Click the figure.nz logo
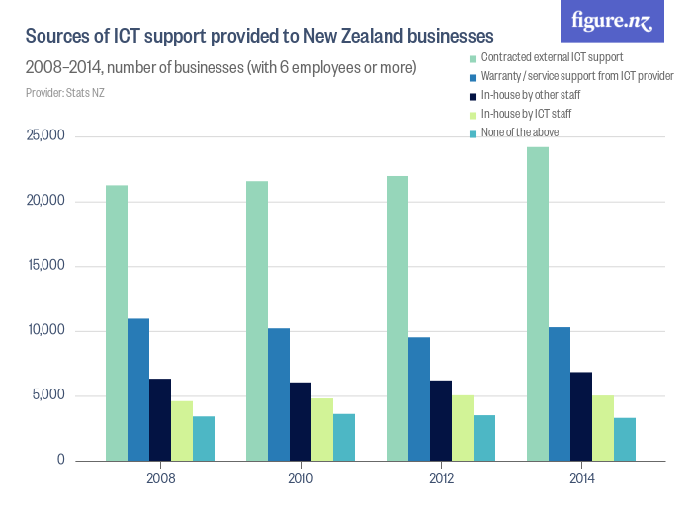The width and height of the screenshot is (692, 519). [x=612, y=22]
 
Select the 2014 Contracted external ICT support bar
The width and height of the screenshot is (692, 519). [x=538, y=303]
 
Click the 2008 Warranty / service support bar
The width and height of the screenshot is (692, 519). [x=138, y=389]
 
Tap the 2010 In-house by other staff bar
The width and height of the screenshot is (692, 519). [x=301, y=421]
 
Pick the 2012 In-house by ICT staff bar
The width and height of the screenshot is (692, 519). [x=463, y=428]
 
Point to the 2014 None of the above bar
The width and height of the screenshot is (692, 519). [x=625, y=439]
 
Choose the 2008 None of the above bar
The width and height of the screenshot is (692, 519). [x=204, y=438]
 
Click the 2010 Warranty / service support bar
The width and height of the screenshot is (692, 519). [x=279, y=394]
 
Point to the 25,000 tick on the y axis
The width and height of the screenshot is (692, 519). [x=45, y=136]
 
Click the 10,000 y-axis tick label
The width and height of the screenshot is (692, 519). [x=45, y=331]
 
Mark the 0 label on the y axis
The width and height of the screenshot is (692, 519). [x=61, y=461]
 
